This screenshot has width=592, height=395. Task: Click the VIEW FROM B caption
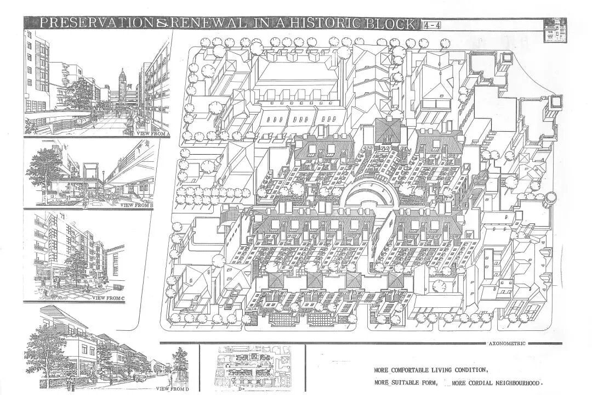[136, 205]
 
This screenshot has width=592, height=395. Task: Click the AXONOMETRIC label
[506, 343]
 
